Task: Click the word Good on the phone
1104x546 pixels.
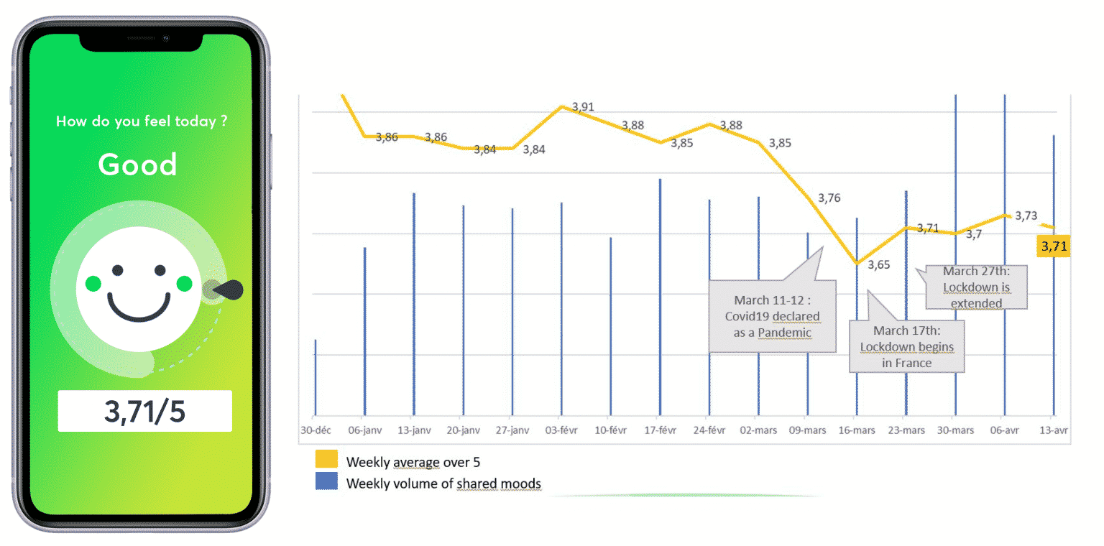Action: pyautogui.click(x=137, y=165)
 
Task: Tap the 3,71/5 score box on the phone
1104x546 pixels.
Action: pyautogui.click(x=144, y=411)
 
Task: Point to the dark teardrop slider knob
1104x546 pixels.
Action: pyautogui.click(x=229, y=290)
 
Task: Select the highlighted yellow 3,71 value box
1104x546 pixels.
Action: pyautogui.click(x=1053, y=247)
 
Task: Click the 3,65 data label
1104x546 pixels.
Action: pyautogui.click(x=878, y=264)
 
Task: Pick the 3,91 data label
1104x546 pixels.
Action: pyautogui.click(x=583, y=108)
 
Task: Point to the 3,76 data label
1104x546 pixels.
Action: pyautogui.click(x=829, y=198)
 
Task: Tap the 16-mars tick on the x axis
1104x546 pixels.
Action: pyautogui.click(x=856, y=430)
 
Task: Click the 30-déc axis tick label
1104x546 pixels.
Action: pyautogui.click(x=314, y=430)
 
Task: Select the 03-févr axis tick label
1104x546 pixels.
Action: pyautogui.click(x=561, y=430)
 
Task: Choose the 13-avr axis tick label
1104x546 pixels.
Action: pyautogui.click(x=1054, y=430)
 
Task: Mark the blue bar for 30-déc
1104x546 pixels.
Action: pyautogui.click(x=316, y=377)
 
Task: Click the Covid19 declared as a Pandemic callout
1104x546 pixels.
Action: pyautogui.click(x=773, y=316)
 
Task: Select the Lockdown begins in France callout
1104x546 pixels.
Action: pyautogui.click(x=906, y=347)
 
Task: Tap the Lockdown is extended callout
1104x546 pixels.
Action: pyautogui.click(x=975, y=287)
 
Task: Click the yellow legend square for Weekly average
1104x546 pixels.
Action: pyautogui.click(x=326, y=461)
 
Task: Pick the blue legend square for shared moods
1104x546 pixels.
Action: pyautogui.click(x=326, y=483)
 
